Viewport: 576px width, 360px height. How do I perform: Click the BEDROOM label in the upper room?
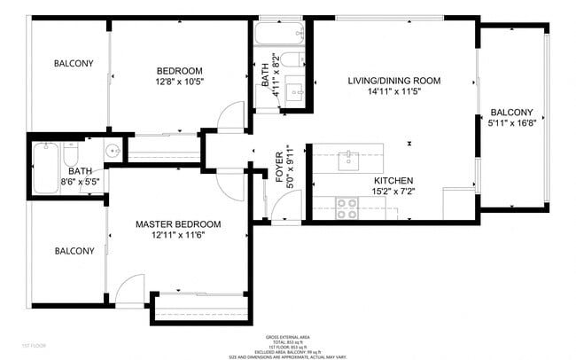pos(180,71)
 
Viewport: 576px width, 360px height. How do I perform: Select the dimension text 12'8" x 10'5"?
pos(180,82)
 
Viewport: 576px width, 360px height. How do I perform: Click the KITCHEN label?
pos(393,180)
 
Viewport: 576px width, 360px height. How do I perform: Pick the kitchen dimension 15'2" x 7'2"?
pos(393,192)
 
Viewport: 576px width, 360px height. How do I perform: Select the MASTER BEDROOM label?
pos(178,224)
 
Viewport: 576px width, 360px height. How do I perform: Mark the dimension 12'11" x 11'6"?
pos(178,236)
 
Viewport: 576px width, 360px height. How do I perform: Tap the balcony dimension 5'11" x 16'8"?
pos(511,124)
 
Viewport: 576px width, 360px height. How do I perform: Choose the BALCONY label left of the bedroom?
pos(74,64)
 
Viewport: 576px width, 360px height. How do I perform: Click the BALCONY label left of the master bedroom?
pos(74,251)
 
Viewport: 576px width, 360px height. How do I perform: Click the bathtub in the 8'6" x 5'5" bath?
pos(45,167)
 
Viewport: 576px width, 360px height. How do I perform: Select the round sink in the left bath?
pos(111,152)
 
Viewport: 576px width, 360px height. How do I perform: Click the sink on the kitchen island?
pos(347,160)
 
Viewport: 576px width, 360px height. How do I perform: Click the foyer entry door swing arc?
pos(281,206)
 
